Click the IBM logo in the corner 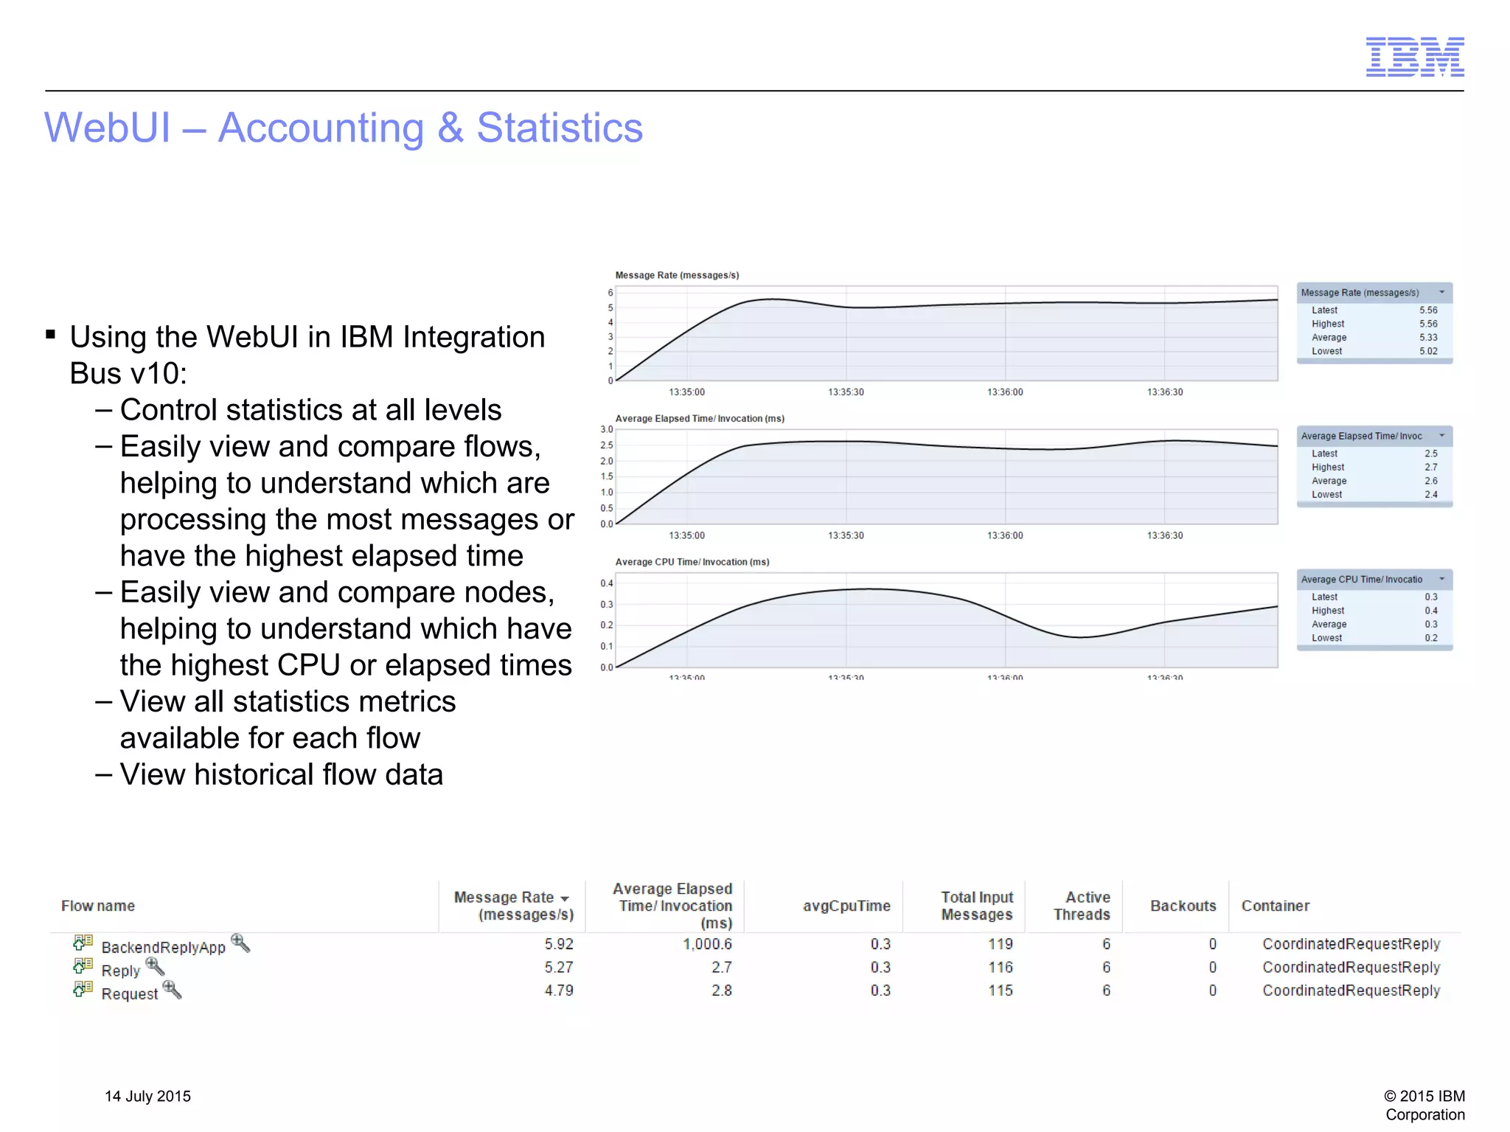(x=1414, y=57)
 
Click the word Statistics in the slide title (x=560, y=128)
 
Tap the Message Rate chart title (x=677, y=275)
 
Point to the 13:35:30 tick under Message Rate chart (x=846, y=392)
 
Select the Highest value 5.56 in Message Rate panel (x=1428, y=324)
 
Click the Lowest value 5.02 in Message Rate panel (x=1428, y=352)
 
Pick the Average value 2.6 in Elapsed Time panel (x=1430, y=481)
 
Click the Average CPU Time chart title (x=692, y=562)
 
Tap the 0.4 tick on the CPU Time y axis (x=606, y=583)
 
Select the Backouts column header (x=1183, y=906)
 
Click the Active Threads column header (x=1082, y=906)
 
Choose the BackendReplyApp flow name (x=163, y=948)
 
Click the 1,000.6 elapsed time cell (x=707, y=944)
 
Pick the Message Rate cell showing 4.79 (x=559, y=990)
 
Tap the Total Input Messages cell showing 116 (x=1001, y=967)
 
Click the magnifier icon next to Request (x=172, y=989)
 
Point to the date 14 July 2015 (x=147, y=1096)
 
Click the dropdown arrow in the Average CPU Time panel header (x=1441, y=580)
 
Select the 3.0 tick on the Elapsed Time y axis (x=606, y=429)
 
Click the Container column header (x=1275, y=906)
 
